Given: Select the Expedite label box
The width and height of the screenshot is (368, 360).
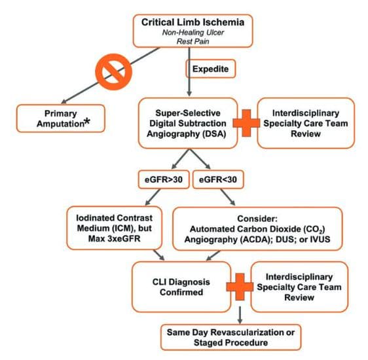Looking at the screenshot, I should coord(209,67).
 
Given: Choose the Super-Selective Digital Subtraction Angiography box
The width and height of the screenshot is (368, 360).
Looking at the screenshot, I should coord(184,122).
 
